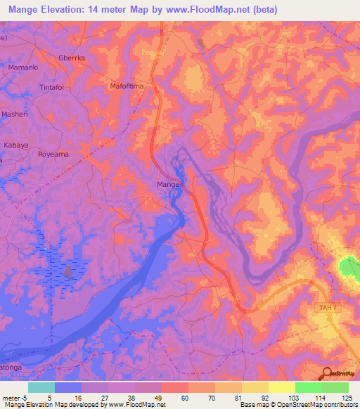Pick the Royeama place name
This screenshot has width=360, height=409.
[55, 153]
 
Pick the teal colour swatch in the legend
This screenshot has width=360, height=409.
[41, 387]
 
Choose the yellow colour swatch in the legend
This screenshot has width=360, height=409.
[281, 387]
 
